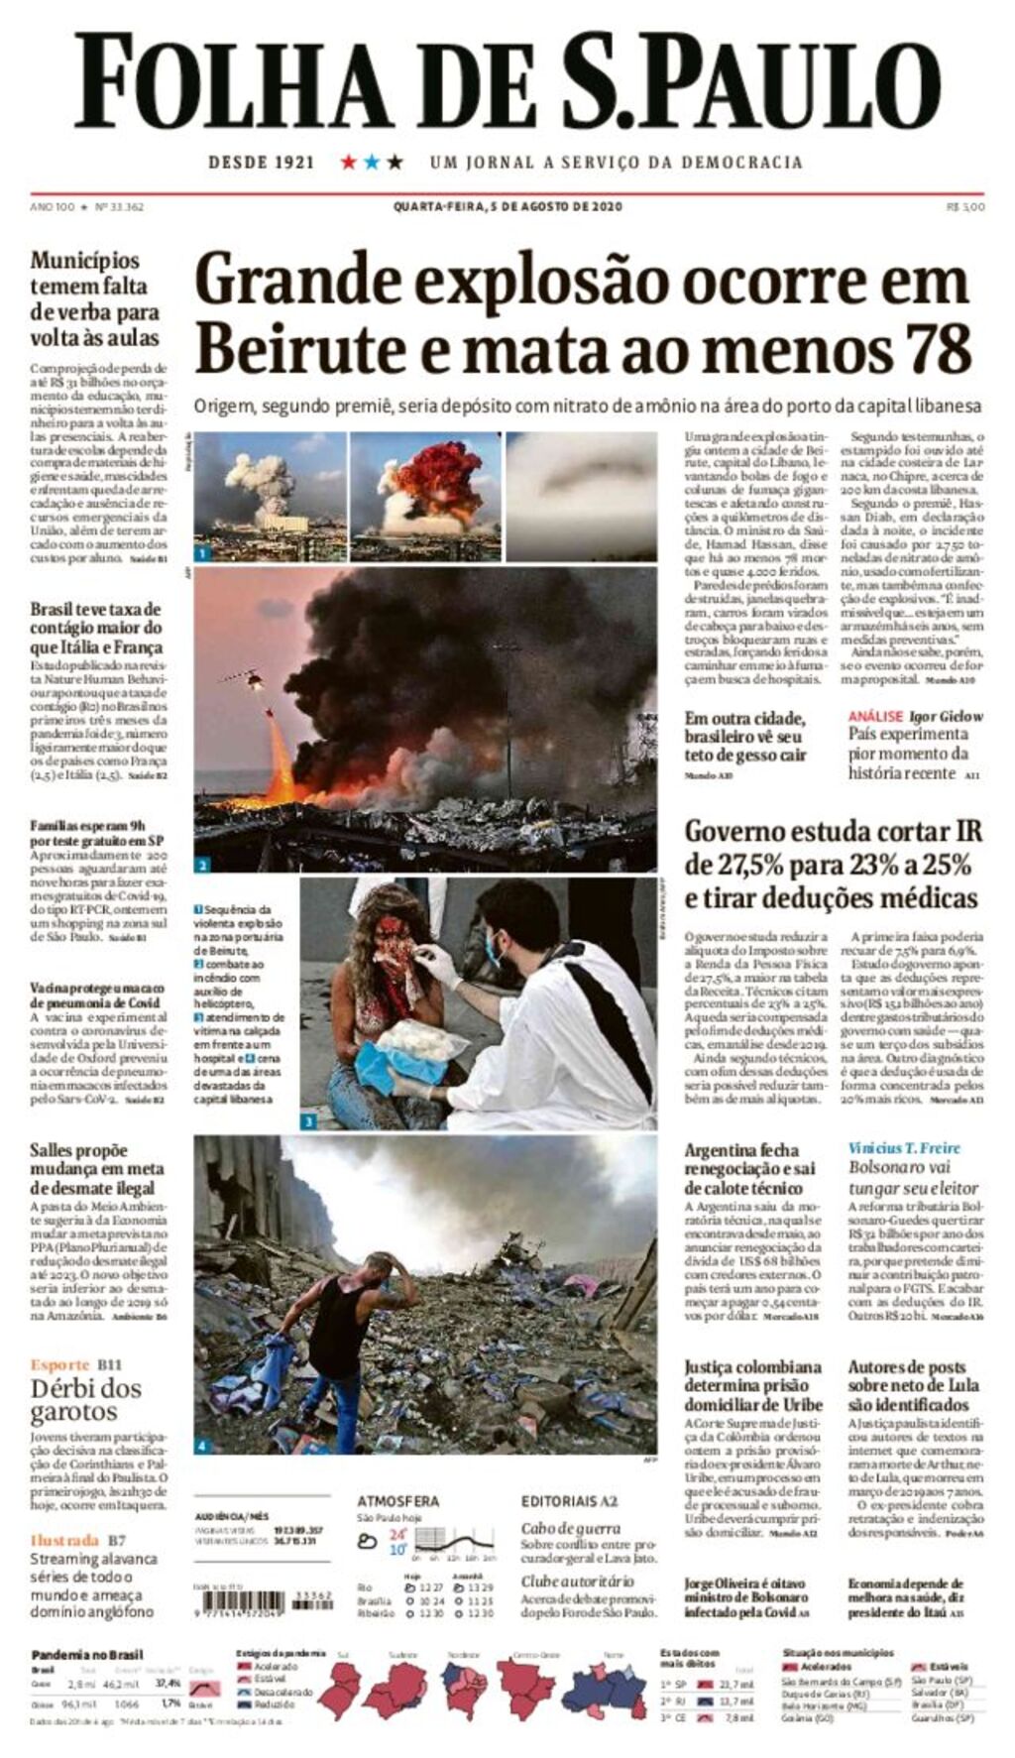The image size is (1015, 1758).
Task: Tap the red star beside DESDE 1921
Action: (349, 162)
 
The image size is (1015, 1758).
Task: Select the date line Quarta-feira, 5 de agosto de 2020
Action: (507, 207)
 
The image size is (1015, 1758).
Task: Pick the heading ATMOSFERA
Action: (398, 1501)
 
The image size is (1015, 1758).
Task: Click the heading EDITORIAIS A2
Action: (569, 1501)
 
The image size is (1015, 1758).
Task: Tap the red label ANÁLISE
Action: (875, 716)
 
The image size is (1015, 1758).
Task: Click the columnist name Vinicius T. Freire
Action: (904, 1148)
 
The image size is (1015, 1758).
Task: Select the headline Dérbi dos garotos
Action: (85, 1400)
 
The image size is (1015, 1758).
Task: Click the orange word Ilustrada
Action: (64, 1540)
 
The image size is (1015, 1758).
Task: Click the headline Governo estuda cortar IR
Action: (833, 865)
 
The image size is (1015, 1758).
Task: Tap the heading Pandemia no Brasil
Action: (87, 1655)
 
